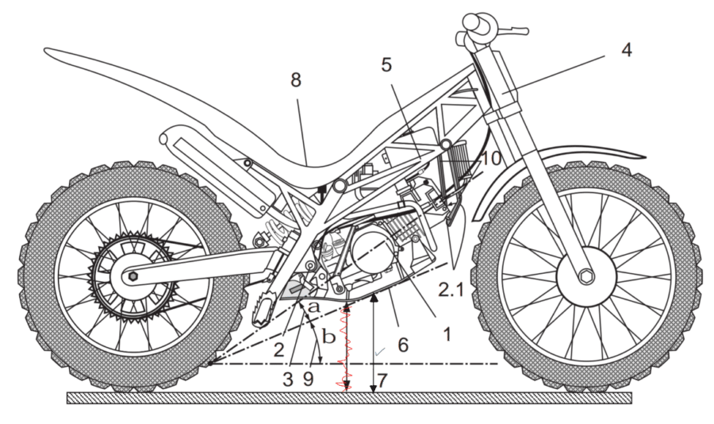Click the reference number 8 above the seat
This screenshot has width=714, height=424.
pyautogui.click(x=296, y=80)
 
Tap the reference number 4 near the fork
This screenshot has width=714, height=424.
pyautogui.click(x=626, y=49)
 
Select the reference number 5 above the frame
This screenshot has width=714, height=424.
pyautogui.click(x=386, y=65)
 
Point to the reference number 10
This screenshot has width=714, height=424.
pyautogui.click(x=491, y=159)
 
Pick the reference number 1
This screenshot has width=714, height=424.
pyautogui.click(x=447, y=334)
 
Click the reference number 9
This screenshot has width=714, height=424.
pyautogui.click(x=309, y=380)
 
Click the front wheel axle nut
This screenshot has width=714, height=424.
pyautogui.click(x=586, y=276)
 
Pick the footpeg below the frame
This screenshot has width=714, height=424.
pyautogui.click(x=261, y=310)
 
